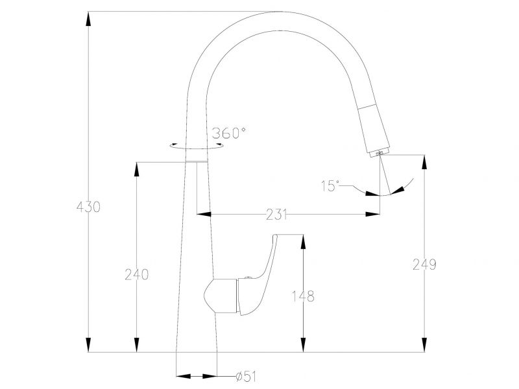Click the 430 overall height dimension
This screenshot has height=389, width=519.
(x=88, y=207)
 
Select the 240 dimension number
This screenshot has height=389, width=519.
(x=136, y=274)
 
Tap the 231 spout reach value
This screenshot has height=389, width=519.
(x=276, y=215)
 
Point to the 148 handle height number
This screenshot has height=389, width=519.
(x=303, y=296)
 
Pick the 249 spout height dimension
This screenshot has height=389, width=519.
(x=424, y=265)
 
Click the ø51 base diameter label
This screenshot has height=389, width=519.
(x=246, y=377)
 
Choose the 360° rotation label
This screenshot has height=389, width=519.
(x=229, y=133)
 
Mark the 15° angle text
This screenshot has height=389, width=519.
(x=330, y=186)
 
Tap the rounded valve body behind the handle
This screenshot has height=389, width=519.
(x=221, y=296)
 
